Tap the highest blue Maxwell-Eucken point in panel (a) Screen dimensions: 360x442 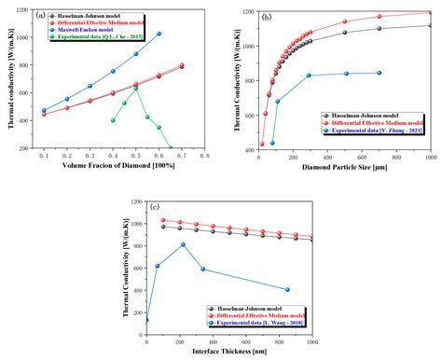coord(159,35)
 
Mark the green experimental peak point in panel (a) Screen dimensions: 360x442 coord(136,89)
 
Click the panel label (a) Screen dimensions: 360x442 coord(42,16)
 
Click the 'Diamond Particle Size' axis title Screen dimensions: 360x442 coord(344,170)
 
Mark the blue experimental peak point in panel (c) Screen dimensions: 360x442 coord(183,244)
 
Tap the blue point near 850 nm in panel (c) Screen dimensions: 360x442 coord(287,289)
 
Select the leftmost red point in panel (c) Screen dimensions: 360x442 coord(164,220)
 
